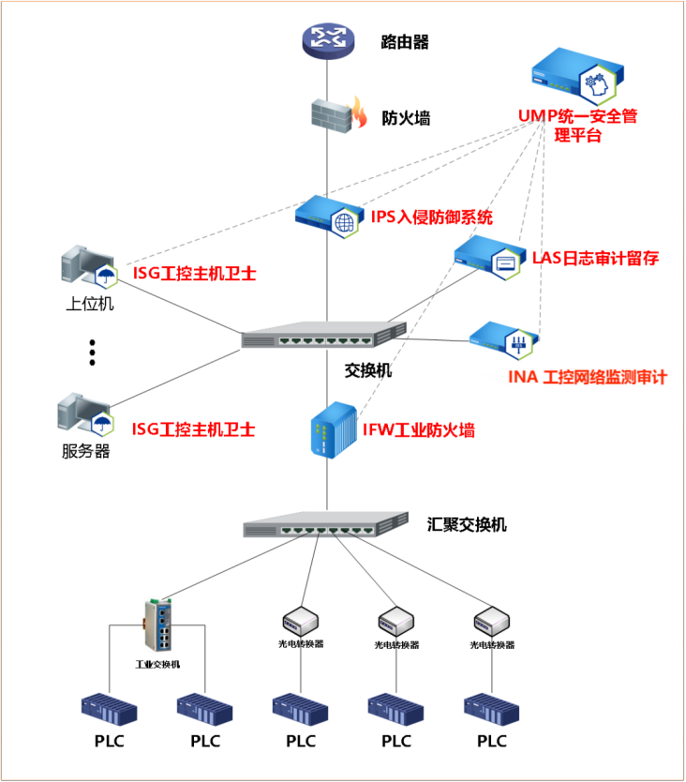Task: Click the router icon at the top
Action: [328, 39]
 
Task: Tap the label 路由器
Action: [405, 42]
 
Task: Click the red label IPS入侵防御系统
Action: [432, 218]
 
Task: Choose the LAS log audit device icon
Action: [488, 256]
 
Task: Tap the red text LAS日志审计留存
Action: [595, 258]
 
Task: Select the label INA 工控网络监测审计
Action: [587, 377]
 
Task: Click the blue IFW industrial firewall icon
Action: [333, 429]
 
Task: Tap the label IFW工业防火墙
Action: [418, 430]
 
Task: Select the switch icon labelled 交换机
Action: [324, 336]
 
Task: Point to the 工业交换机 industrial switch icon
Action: [157, 625]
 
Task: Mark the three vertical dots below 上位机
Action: [93, 353]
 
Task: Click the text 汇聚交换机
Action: [467, 524]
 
